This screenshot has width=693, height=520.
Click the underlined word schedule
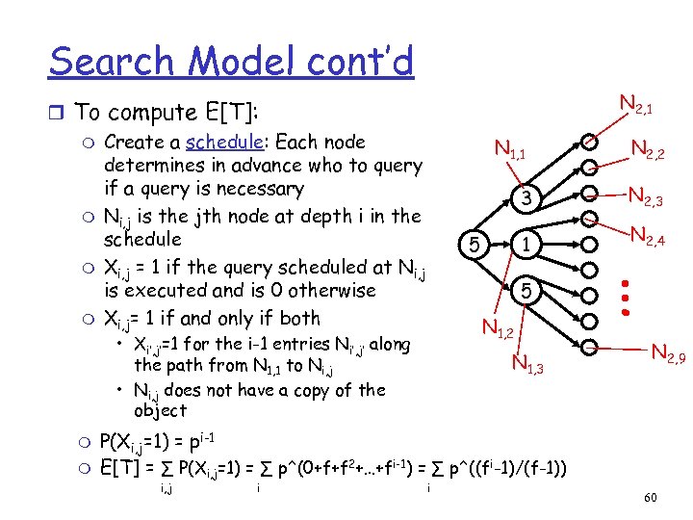[223, 143]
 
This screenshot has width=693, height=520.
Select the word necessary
[249, 189]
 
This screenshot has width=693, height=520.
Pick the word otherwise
[329, 291]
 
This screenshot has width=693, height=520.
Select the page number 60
[650, 497]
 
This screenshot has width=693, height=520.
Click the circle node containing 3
[525, 198]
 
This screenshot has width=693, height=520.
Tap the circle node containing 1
[525, 245]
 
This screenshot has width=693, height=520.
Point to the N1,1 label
[509, 149]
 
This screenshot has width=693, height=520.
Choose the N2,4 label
[647, 235]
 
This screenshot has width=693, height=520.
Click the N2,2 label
[648, 150]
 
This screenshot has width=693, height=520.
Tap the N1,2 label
[497, 331]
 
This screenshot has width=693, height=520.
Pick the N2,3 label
[647, 197]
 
